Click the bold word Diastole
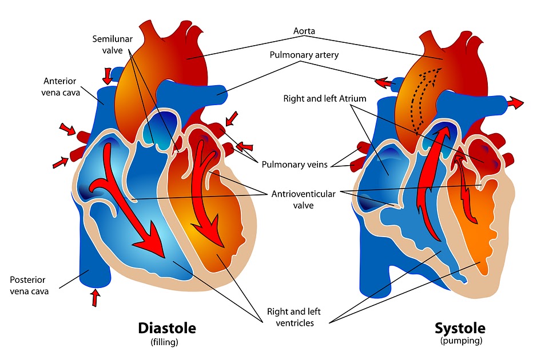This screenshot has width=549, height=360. click(x=167, y=329)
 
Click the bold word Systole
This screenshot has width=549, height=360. click(x=460, y=329)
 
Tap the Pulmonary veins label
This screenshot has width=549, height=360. click(x=295, y=165)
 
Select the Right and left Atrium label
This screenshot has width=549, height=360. click(x=324, y=99)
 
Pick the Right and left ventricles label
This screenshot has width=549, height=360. click(x=294, y=317)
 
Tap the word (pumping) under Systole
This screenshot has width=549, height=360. click(x=461, y=341)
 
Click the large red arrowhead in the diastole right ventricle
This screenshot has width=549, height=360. click(x=150, y=243)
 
